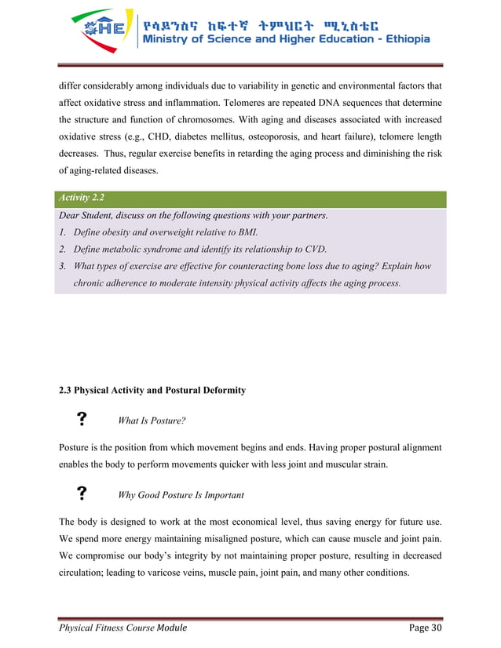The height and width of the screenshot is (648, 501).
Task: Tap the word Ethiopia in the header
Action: [401, 40]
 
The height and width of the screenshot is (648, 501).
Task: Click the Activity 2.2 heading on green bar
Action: [81, 198]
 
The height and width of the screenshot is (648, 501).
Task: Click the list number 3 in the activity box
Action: [62, 267]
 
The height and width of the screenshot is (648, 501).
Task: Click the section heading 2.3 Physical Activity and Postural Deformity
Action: [152, 390]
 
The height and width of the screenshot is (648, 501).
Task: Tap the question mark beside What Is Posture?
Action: [80, 420]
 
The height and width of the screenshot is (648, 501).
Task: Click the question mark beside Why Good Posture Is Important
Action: [80, 493]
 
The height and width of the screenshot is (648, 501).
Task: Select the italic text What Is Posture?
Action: [151, 420]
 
